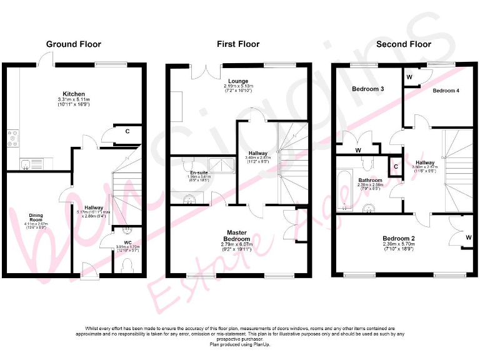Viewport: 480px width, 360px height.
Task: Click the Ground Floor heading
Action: click(73, 44)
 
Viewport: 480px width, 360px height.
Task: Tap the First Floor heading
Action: click(238, 44)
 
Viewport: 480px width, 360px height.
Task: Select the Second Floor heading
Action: click(403, 44)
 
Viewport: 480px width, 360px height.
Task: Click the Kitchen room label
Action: click(74, 94)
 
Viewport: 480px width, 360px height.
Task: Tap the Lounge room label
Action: click(238, 81)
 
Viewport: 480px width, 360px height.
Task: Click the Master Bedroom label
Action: click(239, 236)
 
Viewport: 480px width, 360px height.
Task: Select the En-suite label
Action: click(199, 172)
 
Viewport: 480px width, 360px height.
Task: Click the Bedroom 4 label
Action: click(446, 91)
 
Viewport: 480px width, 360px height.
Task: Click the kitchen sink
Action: click(27, 165)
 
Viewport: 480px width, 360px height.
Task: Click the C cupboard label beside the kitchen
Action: click(127, 131)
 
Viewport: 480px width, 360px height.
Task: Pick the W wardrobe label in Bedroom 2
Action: click(468, 238)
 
